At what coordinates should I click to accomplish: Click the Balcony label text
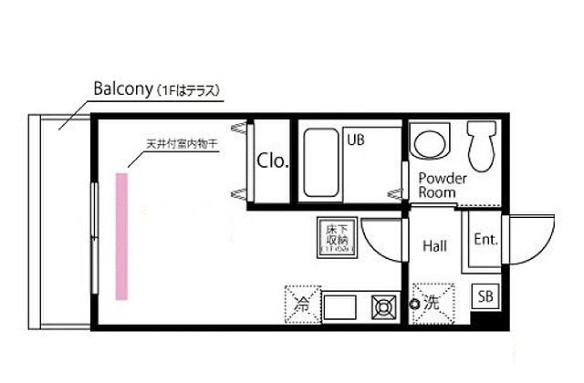point(125,89)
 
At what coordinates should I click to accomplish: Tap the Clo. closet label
point(272,162)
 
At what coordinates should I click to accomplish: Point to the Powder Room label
point(443,185)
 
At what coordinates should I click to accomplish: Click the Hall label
point(435,245)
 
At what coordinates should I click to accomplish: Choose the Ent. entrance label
point(485,240)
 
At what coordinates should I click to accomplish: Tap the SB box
point(485,296)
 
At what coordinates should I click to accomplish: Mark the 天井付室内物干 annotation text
point(182,145)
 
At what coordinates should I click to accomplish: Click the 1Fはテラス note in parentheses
point(193,90)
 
